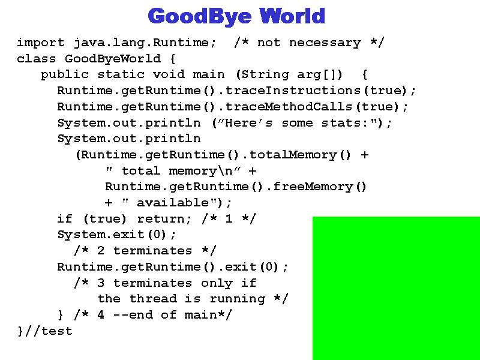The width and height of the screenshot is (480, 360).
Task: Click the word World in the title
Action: click(292, 16)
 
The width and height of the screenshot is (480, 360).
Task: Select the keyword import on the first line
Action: click(41, 43)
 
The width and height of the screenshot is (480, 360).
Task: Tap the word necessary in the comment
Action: click(325, 43)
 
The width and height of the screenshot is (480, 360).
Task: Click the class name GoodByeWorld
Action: click(112, 59)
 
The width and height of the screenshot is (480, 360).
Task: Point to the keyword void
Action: click(169, 74)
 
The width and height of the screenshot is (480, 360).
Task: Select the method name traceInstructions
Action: click(293, 91)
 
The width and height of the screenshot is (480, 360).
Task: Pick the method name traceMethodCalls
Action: click(289, 107)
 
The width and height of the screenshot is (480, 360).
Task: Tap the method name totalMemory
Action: click(293, 155)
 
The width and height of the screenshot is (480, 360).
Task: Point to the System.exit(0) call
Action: click(116, 235)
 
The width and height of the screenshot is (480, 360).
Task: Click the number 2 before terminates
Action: click(101, 251)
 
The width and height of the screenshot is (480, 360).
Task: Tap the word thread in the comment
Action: click(153, 298)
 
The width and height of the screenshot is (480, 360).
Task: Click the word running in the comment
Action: click(237, 299)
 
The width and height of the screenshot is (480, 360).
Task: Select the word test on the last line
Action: click(56, 331)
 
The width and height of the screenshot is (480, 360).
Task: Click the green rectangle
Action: click(396, 289)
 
